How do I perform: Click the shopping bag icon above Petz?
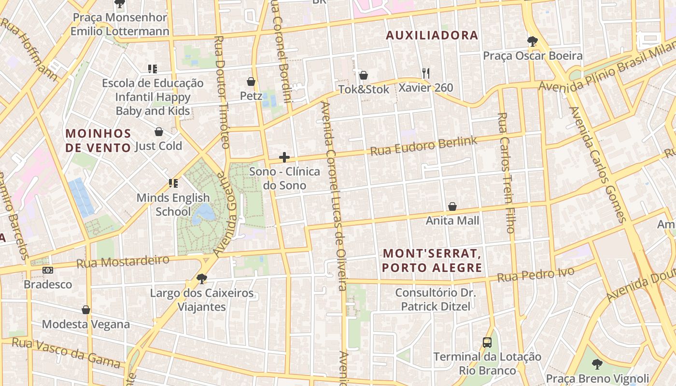pyautogui.click(x=251, y=82)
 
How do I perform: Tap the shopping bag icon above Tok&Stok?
pyautogui.click(x=364, y=75)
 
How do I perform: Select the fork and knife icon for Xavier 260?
pyautogui.click(x=425, y=73)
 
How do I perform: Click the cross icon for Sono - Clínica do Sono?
pyautogui.click(x=284, y=157)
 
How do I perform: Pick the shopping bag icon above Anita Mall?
pyautogui.click(x=452, y=207)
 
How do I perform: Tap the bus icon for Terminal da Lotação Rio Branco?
pyautogui.click(x=487, y=343)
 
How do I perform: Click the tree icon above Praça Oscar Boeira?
pyautogui.click(x=533, y=41)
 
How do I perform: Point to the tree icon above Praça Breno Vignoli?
pyautogui.click(x=597, y=364)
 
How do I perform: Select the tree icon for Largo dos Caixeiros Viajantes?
pyautogui.click(x=201, y=279)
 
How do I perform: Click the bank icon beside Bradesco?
pyautogui.click(x=48, y=270)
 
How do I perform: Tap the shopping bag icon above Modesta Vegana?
pyautogui.click(x=86, y=310)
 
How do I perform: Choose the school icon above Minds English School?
pyautogui.click(x=173, y=183)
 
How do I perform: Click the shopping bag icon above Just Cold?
pyautogui.click(x=158, y=132)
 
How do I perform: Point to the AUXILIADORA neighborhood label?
pyautogui.click(x=432, y=35)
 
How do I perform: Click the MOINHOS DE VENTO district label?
pyautogui.click(x=99, y=140)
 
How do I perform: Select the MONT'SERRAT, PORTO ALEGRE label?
pyautogui.click(x=432, y=260)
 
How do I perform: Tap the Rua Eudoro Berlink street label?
pyautogui.click(x=423, y=146)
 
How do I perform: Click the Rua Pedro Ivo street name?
pyautogui.click(x=535, y=275)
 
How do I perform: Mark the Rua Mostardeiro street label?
pyautogui.click(x=123, y=262)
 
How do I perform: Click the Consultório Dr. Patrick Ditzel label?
pyautogui.click(x=436, y=299)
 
